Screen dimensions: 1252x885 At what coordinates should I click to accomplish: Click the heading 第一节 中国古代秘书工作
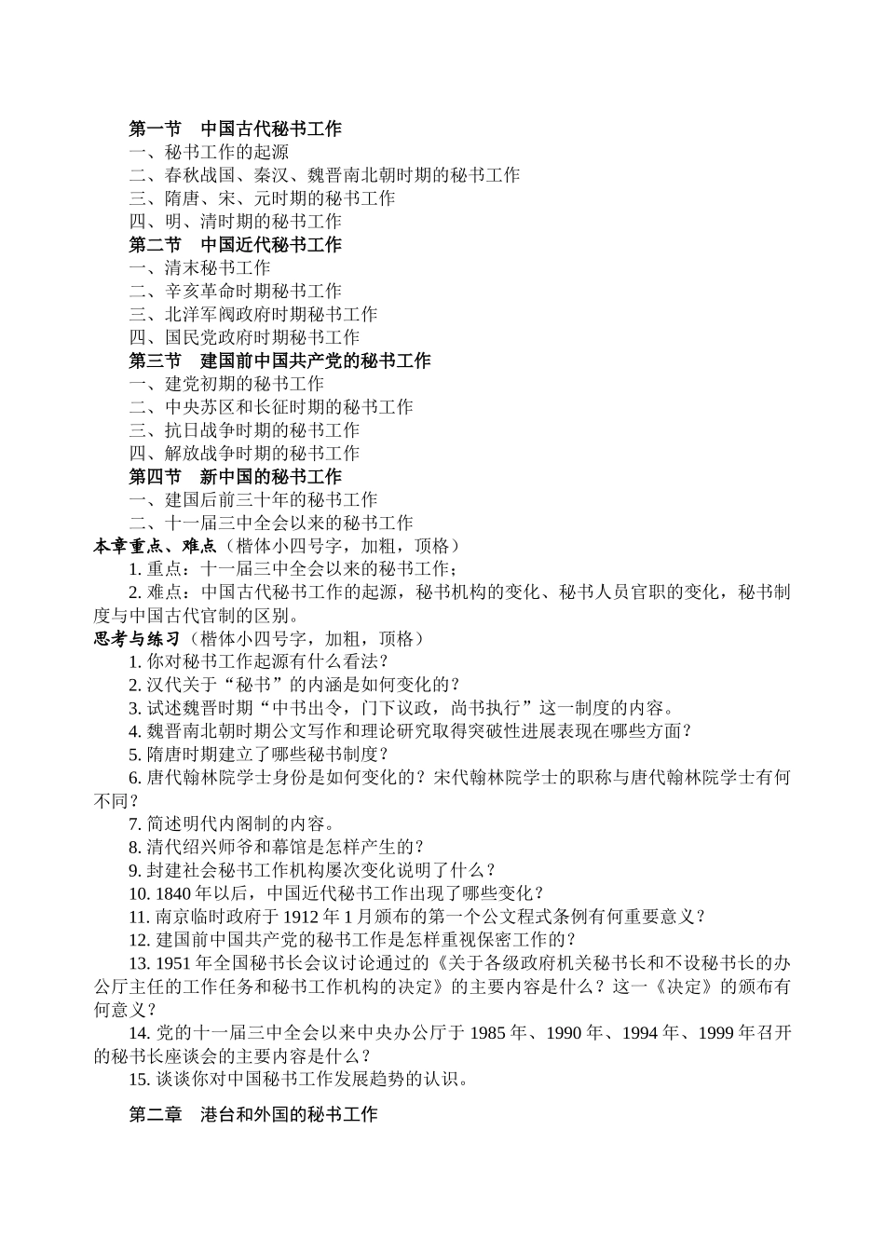[235, 129]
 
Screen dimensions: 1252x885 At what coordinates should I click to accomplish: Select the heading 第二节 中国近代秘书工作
[235, 245]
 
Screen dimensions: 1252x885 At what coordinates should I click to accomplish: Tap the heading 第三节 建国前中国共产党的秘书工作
[279, 361]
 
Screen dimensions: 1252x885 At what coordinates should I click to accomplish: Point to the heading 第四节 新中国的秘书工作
[235, 477]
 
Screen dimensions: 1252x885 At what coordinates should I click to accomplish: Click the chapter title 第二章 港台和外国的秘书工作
[253, 1114]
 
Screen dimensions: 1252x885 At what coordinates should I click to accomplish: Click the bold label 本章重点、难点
[156, 546]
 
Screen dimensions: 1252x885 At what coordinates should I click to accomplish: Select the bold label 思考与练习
[137, 638]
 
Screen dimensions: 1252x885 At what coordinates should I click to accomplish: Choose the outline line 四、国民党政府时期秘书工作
[244, 337]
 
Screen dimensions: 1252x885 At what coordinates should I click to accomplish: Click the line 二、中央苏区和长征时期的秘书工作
[271, 407]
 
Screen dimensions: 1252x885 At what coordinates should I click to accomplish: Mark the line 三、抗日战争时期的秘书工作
[244, 430]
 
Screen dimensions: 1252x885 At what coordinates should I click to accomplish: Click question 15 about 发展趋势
[298, 1079]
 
